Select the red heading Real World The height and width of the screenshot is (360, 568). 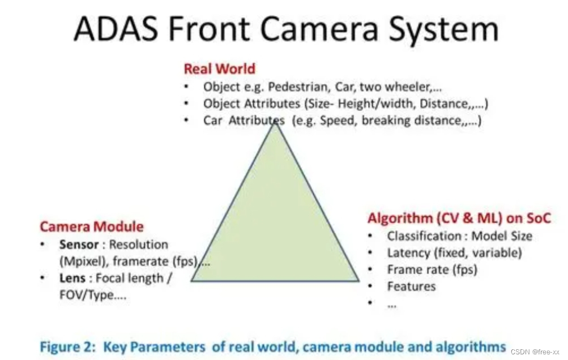[219, 69]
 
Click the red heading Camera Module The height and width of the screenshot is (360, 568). [91, 227]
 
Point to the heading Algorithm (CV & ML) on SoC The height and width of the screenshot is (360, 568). [459, 218]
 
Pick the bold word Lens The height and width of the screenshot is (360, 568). [72, 278]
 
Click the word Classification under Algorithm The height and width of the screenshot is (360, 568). [424, 236]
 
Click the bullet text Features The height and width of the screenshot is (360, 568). [411, 286]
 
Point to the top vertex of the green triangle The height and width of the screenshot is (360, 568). [276, 123]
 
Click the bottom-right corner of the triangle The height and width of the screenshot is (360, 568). [358, 280]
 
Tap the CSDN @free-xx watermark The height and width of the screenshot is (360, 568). [535, 352]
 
